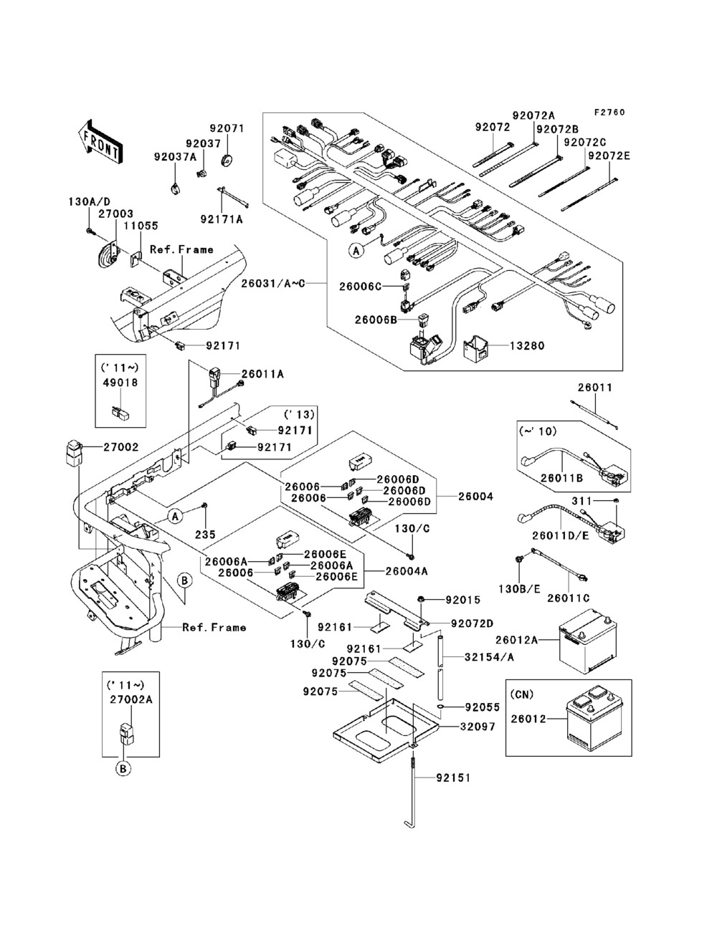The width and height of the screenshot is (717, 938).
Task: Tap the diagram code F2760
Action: coord(609,113)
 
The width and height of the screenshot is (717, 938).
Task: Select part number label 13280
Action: coord(527,345)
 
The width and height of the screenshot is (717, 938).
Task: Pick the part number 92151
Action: coord(453,777)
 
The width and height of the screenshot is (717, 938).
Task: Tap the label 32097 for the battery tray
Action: coord(478,727)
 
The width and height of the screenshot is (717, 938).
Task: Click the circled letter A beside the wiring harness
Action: coord(356,250)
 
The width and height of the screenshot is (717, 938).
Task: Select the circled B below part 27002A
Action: coord(123,768)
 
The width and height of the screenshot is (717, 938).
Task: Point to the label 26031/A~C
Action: coord(272,283)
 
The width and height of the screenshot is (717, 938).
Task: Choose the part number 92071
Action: coord(227,128)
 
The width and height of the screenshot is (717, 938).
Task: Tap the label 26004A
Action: coord(406,571)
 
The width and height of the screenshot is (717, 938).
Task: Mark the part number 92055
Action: coord(483,707)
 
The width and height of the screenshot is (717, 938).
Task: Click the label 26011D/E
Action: coord(561,535)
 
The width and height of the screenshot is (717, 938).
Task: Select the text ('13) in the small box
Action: coord(299,414)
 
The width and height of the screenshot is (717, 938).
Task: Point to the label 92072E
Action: coord(609,155)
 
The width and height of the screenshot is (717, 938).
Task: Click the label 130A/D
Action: coord(90,201)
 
